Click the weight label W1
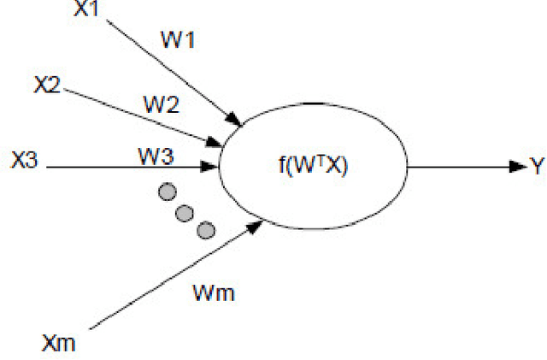click(x=178, y=39)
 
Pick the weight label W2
click(x=160, y=105)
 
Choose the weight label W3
click(x=156, y=156)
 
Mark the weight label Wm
click(x=214, y=294)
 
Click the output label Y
click(x=537, y=167)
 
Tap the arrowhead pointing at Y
click(x=515, y=167)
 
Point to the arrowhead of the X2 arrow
click(x=214, y=139)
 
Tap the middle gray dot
click(x=185, y=211)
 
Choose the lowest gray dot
click(x=205, y=229)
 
